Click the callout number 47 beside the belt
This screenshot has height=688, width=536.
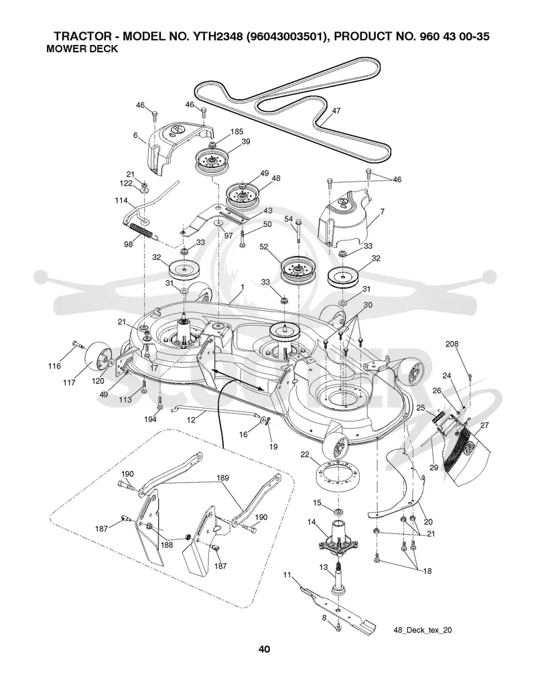point(336,111)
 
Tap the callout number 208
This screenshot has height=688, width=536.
point(452,344)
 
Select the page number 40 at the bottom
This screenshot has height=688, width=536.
point(264,649)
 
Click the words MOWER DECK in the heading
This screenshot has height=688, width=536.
point(82,49)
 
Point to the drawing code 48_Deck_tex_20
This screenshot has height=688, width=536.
point(422,630)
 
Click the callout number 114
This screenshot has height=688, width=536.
point(121,200)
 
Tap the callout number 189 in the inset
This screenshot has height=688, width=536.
point(223,478)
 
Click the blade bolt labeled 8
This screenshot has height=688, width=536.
point(338,628)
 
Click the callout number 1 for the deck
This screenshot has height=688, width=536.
point(242,287)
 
